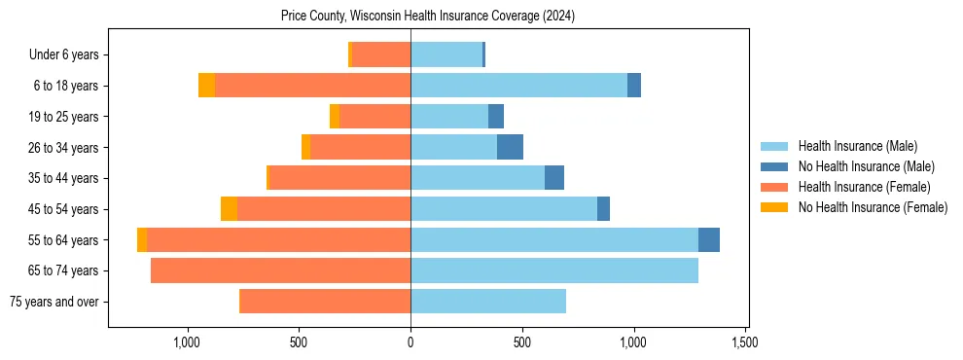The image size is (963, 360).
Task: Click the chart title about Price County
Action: (428, 16)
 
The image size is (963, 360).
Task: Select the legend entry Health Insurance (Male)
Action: (857, 146)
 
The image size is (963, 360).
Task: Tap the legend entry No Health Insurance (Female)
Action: (873, 207)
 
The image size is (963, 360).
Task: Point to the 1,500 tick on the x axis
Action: (745, 342)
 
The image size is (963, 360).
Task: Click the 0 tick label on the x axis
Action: (410, 342)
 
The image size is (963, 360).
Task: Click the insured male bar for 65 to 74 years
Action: (554, 270)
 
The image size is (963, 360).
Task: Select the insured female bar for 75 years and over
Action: (325, 302)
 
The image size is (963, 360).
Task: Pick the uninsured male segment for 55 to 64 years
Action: (709, 239)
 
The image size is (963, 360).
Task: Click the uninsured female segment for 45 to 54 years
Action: (229, 209)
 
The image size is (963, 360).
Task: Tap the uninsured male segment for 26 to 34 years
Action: (510, 147)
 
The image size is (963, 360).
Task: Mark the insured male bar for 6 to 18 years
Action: (518, 86)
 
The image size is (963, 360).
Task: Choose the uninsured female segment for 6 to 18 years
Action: (206, 86)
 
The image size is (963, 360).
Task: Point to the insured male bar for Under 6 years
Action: (446, 54)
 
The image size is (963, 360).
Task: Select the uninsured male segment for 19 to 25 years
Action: (496, 117)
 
